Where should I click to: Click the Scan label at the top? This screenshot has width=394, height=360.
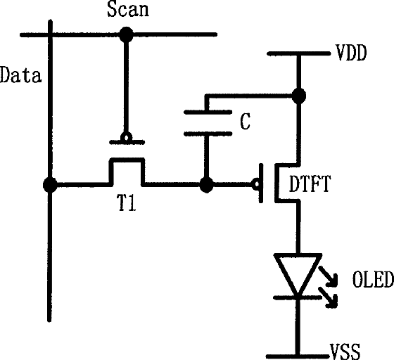(x=128, y=10)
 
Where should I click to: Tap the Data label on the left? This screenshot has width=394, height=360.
(x=20, y=75)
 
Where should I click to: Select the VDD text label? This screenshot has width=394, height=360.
(x=351, y=53)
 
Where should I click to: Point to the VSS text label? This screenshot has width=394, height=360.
(x=345, y=352)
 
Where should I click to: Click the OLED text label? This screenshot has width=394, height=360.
(x=373, y=279)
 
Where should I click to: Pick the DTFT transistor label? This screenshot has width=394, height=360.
(x=310, y=184)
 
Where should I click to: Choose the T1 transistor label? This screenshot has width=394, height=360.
(x=127, y=202)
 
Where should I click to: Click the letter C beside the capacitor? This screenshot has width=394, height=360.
(x=245, y=121)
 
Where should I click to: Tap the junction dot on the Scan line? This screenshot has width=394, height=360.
(x=126, y=34)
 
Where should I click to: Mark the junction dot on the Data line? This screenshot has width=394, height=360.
(x=50, y=185)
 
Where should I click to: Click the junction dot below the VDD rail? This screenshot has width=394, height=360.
(x=299, y=96)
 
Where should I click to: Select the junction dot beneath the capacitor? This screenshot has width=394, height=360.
(x=207, y=185)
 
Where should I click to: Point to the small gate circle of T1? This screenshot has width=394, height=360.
(x=126, y=137)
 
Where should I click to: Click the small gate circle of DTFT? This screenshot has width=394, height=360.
(x=257, y=184)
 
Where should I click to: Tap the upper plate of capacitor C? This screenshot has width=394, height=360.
(x=208, y=112)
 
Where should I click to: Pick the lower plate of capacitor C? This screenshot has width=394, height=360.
(x=208, y=134)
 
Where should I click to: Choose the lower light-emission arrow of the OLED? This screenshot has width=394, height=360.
(x=328, y=297)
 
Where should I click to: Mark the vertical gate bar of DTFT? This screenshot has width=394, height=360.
(x=261, y=183)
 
